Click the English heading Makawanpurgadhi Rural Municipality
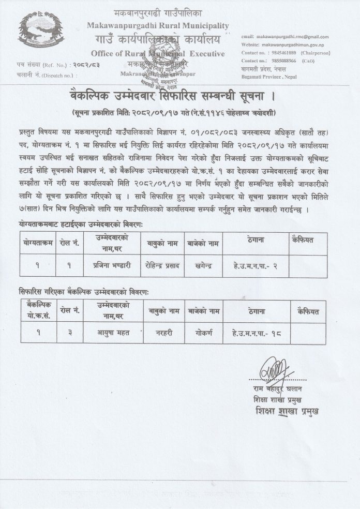click(158, 25)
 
